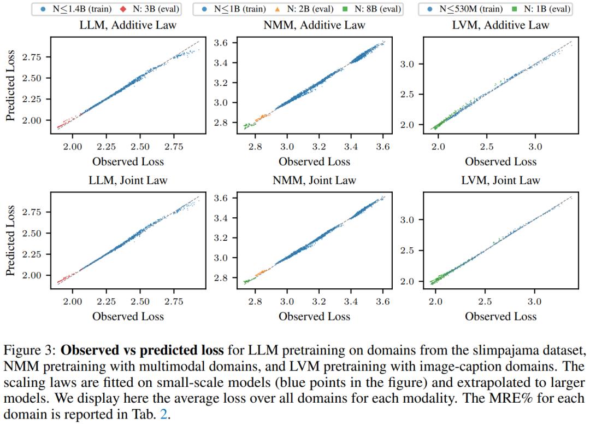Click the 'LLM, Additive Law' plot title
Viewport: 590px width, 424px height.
128,25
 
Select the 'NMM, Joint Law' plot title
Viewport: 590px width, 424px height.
314,181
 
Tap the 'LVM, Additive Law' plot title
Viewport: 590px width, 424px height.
500,25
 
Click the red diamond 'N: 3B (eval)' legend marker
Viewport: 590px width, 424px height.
123,9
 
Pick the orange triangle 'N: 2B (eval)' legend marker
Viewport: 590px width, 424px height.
278,9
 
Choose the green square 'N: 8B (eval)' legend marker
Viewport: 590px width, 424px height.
345,9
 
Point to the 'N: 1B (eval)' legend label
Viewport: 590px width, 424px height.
547,9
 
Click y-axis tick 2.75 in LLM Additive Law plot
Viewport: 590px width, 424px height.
32,57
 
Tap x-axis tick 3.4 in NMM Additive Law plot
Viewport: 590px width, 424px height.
351,147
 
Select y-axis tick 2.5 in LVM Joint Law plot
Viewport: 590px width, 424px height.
407,251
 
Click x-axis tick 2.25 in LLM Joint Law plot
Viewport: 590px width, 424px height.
106,301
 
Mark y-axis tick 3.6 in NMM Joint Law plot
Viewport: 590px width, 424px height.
221,198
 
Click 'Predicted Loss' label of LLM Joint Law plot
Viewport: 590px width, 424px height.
10,241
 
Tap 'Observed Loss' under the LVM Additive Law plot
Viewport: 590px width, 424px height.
500,162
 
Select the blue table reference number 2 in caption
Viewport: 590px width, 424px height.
164,415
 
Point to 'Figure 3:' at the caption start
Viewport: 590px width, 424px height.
30,351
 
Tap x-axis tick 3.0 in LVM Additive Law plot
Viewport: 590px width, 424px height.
535,147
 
